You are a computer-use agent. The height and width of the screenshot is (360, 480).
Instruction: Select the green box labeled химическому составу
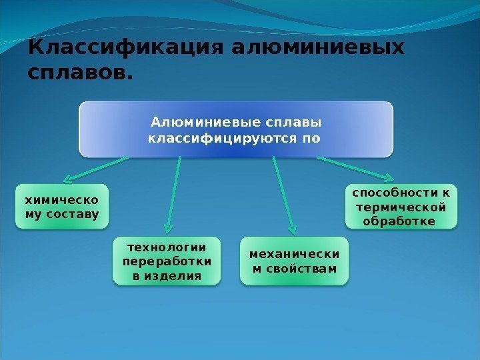61,207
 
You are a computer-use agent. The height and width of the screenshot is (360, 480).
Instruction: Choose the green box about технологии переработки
166,260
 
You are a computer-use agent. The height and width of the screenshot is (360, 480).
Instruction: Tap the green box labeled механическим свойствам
294,261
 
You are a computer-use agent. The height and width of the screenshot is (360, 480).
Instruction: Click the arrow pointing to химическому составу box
96,169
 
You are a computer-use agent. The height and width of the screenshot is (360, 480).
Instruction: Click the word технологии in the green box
166,246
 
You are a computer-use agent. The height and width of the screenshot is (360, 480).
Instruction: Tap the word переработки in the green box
166,261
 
